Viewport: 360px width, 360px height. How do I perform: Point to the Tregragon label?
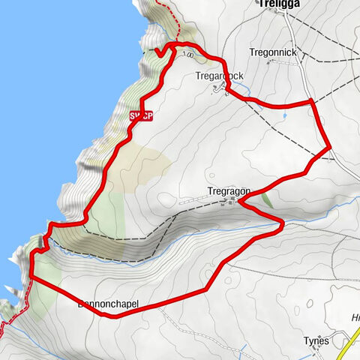[229, 191]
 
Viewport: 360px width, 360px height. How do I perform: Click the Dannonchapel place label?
[109, 304]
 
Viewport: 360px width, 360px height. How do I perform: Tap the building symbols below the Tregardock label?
[219, 89]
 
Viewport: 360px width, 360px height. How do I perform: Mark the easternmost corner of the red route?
[330, 148]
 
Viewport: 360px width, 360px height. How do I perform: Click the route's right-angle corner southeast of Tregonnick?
[311, 100]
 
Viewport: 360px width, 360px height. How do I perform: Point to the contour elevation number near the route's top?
[190, 54]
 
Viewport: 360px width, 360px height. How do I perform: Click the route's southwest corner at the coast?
[33, 277]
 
